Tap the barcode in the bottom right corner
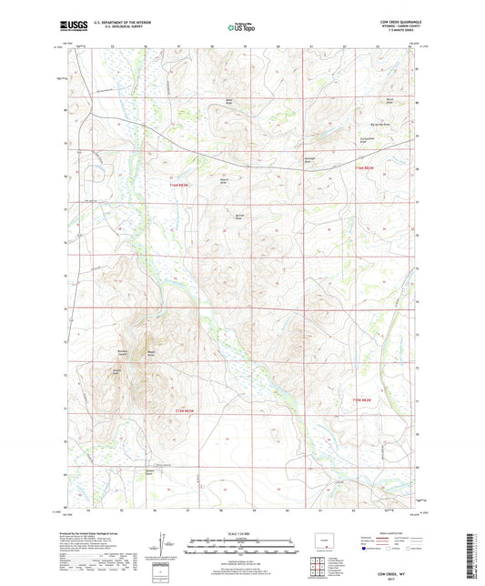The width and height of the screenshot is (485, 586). pyautogui.click(x=471, y=554)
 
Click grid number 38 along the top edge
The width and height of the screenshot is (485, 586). pyautogui.click(x=210, y=44)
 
